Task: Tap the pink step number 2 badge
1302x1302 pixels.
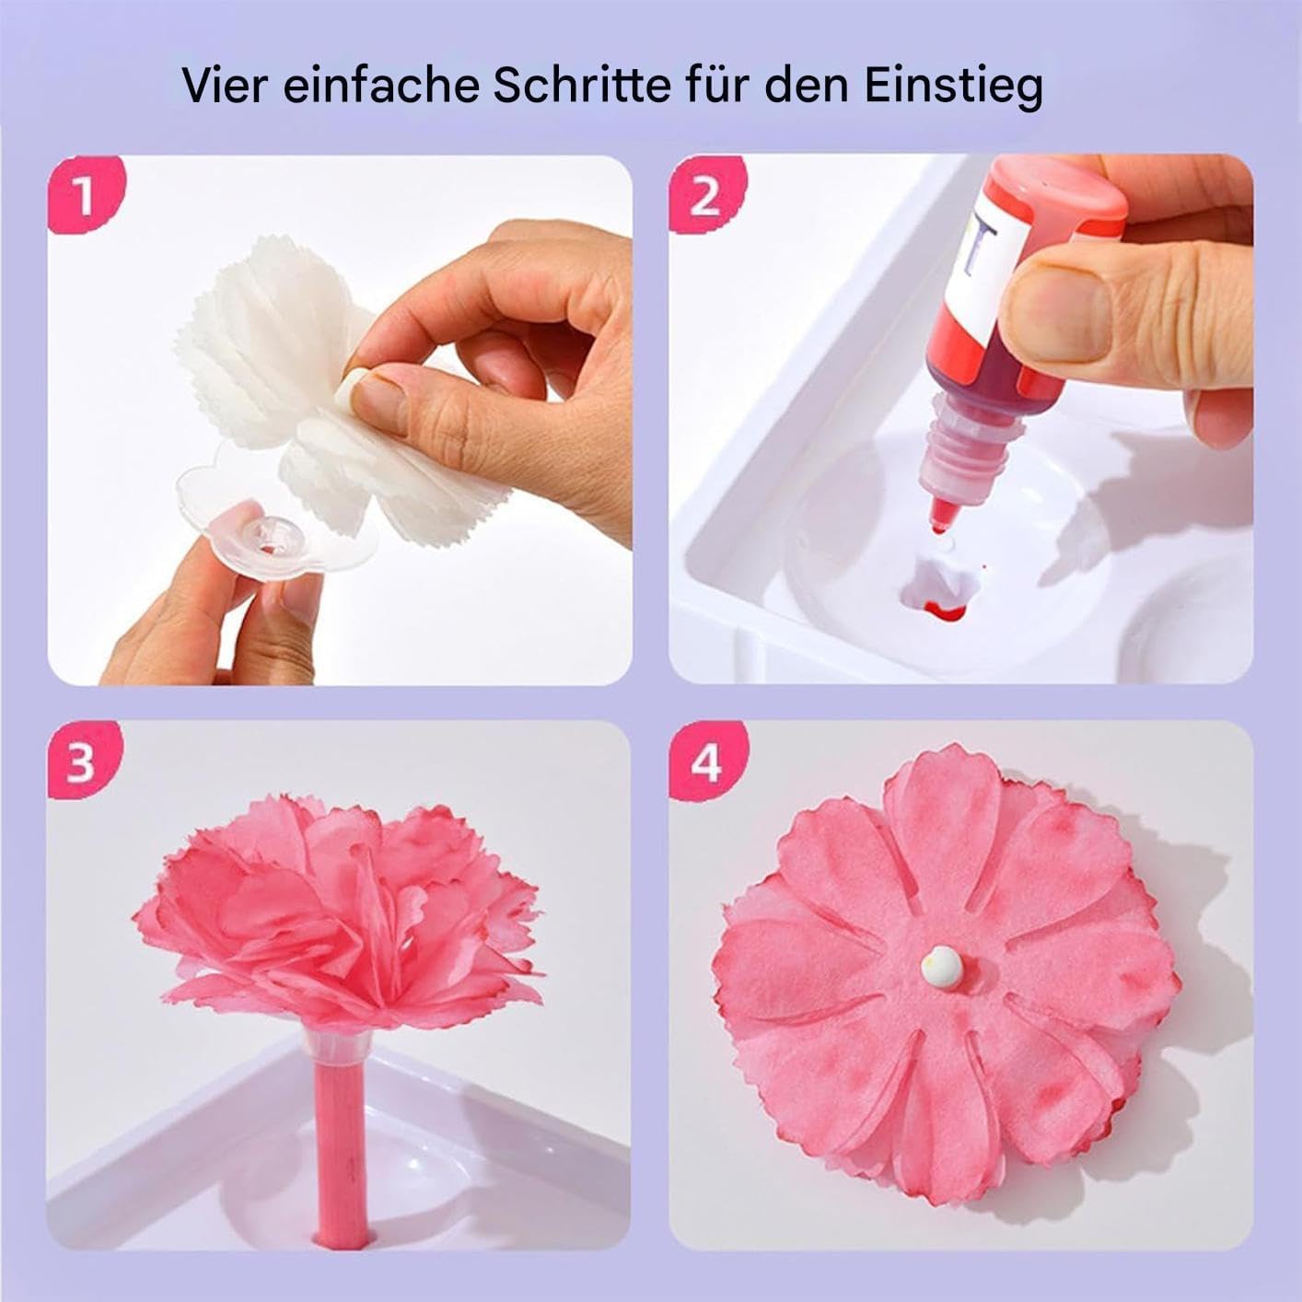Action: [705, 196]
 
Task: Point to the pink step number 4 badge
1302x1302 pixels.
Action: [705, 763]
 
